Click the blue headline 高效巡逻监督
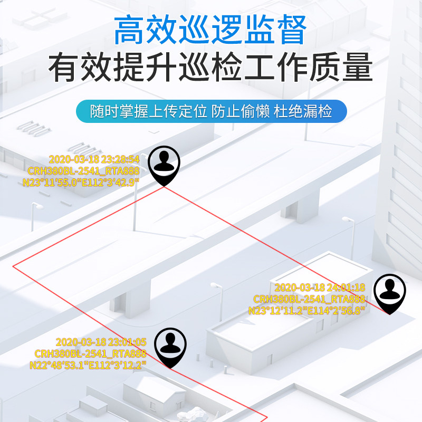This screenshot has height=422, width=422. point(210,30)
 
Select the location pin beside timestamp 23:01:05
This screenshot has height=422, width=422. point(170,347)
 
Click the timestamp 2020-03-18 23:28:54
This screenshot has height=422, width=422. point(94,159)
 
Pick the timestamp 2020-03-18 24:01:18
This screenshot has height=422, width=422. point(320,287)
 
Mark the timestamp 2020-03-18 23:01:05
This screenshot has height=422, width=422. point(101,342)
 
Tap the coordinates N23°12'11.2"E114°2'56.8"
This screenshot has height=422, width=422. point(306,311)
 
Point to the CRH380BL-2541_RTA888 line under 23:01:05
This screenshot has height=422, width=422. point(90,353)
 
